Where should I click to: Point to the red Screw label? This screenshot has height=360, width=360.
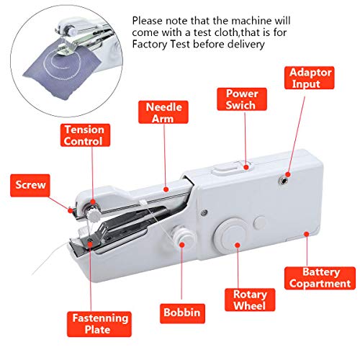30,185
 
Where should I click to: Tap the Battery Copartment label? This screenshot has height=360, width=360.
319,278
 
